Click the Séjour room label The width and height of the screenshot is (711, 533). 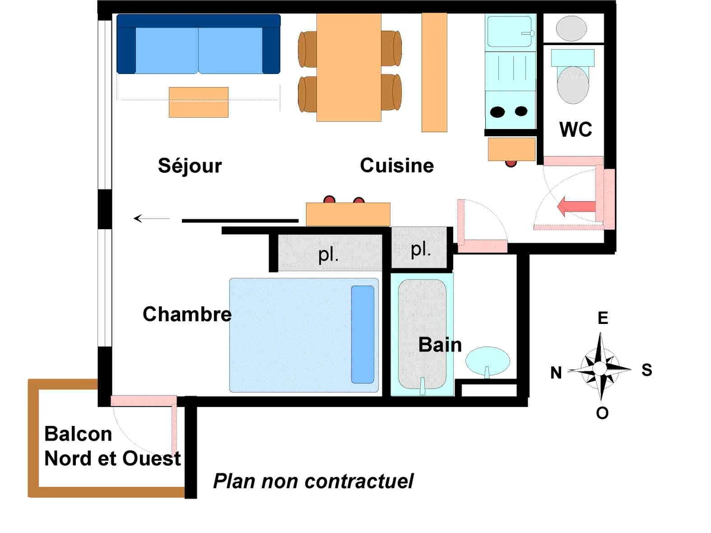190,166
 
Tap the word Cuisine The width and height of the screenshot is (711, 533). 397,166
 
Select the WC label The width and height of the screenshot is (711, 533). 576,129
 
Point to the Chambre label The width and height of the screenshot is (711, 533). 187,314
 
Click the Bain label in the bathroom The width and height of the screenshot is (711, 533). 440,345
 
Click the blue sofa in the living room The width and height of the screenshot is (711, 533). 198,44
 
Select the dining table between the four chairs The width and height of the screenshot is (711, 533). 349,67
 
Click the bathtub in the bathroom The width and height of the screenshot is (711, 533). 421,334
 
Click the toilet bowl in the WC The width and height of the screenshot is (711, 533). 573,84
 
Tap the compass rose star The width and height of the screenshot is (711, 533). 600,368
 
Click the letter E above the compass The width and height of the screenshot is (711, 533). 603,319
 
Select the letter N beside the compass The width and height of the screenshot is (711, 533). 556,373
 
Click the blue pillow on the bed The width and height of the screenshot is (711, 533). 363,335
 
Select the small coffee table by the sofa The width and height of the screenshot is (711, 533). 198,102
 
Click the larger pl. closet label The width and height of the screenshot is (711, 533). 328,256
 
